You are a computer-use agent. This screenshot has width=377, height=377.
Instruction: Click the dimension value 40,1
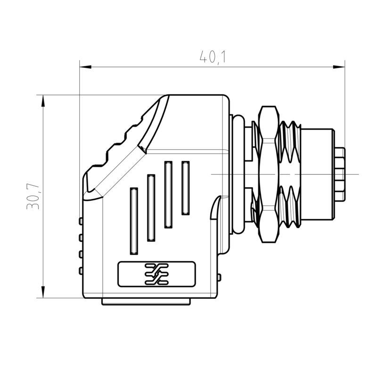tap(213, 57)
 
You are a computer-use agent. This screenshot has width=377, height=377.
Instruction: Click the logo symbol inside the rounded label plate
tap(156, 274)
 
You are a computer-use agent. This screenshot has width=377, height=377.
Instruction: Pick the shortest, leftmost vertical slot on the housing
tap(134, 220)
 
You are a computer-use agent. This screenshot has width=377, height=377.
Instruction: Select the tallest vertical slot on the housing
tap(168, 194)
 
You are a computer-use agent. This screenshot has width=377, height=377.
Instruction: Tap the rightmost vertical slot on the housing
tap(186, 187)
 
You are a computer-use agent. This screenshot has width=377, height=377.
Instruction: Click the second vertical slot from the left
tap(151, 207)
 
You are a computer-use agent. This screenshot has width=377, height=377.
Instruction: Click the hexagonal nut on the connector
tap(268, 174)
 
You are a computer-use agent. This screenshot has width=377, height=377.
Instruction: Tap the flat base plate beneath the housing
tap(147, 302)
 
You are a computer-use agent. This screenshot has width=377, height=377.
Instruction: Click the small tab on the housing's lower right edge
tap(219, 277)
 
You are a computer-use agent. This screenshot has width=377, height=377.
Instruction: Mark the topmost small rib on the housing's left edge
tap(81, 221)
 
